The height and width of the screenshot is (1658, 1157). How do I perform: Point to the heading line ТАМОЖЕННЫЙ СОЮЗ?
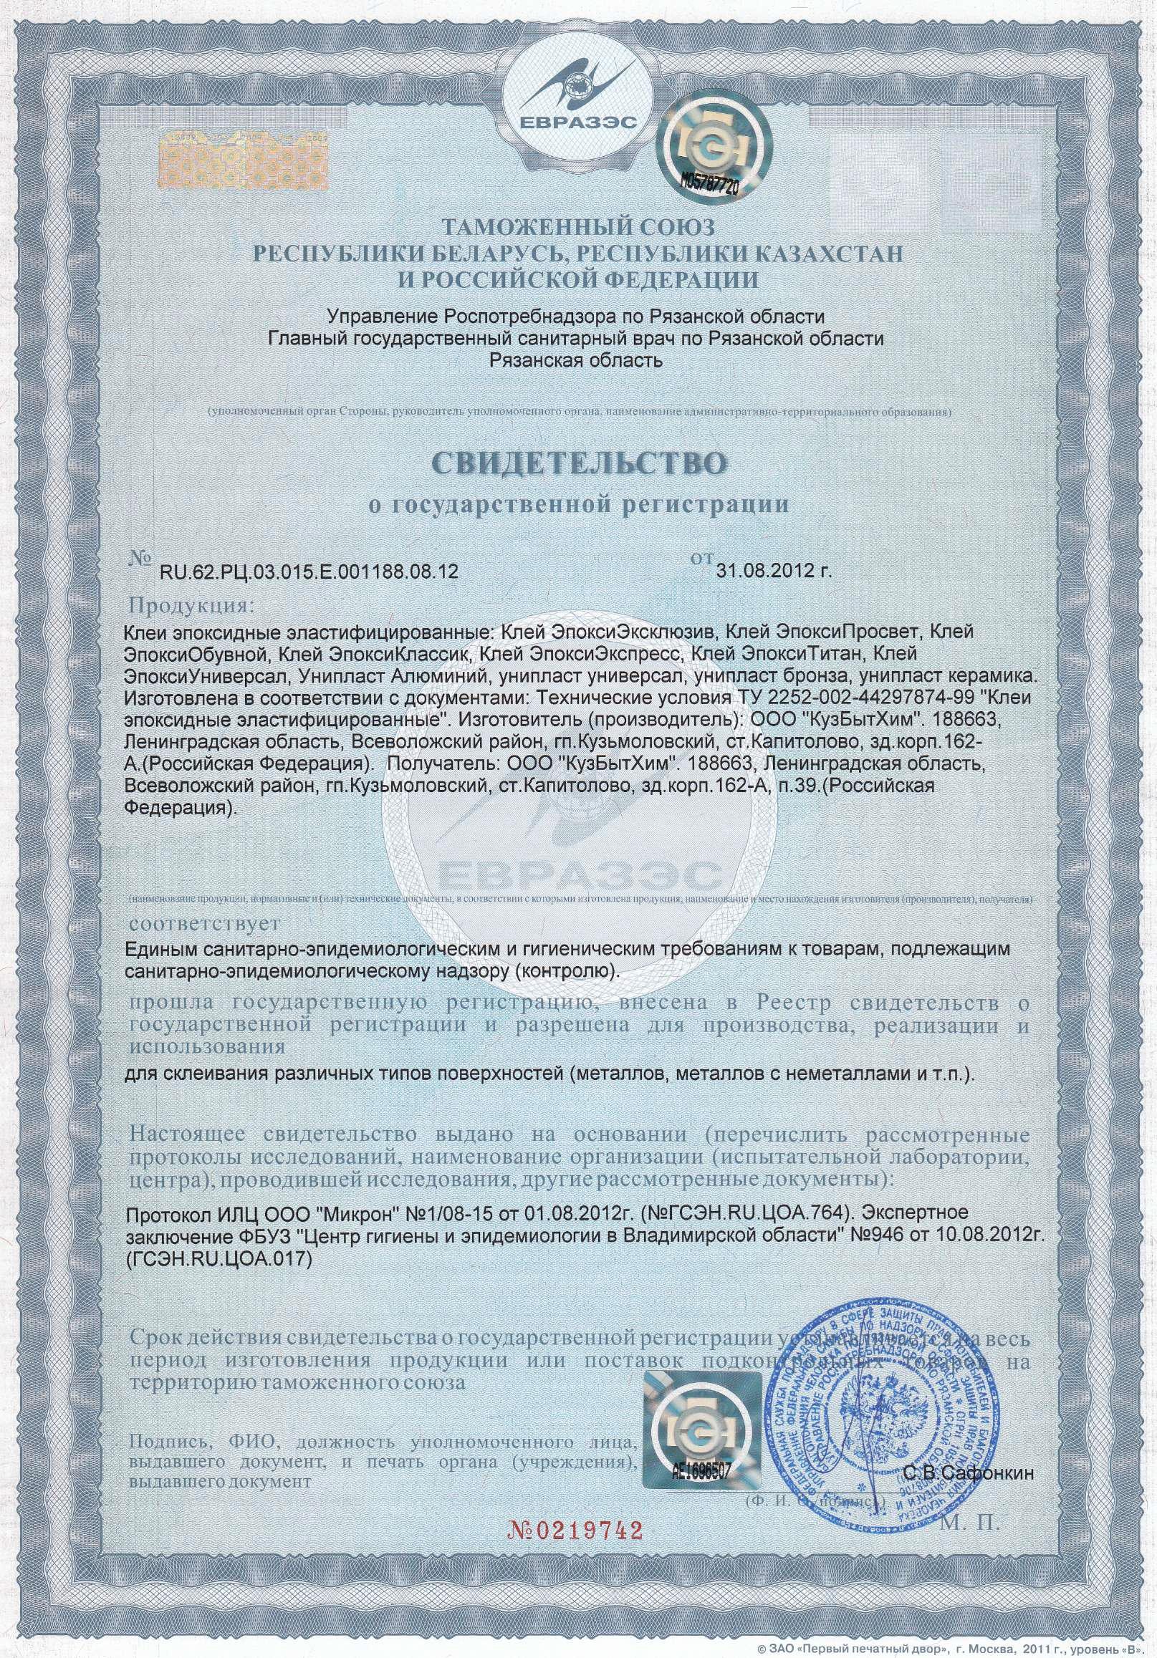577,229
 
